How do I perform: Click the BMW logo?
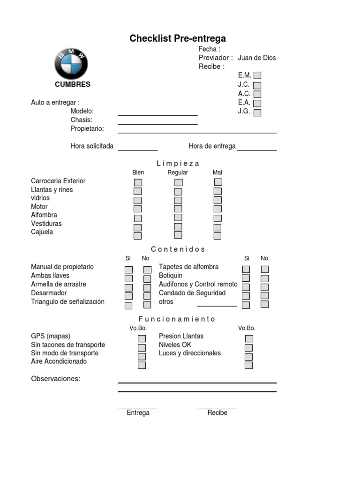point(71,64)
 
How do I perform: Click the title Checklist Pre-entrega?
point(178,38)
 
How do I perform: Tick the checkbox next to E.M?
point(257,75)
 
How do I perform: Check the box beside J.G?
point(257,112)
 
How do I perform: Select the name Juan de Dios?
point(257,58)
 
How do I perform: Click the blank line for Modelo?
point(157,114)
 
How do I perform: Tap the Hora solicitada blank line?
point(138,150)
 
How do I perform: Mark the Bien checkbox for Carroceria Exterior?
point(138,182)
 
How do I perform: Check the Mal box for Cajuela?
point(217,235)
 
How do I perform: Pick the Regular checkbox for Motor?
point(178,209)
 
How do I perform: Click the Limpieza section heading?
point(178,164)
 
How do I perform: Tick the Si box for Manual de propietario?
point(128,270)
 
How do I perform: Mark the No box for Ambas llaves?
point(147,278)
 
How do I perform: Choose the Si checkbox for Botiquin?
point(246,278)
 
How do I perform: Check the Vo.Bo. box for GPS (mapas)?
point(142,338)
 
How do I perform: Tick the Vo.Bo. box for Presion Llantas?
point(249,338)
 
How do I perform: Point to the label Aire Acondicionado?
point(59,361)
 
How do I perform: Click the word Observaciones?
point(56,379)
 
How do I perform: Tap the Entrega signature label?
point(138,413)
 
